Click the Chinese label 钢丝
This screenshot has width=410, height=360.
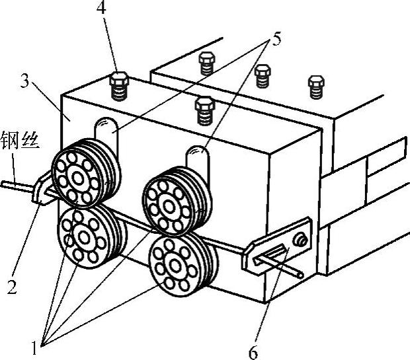coord(20,141)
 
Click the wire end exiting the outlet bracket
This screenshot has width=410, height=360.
coord(301,274)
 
